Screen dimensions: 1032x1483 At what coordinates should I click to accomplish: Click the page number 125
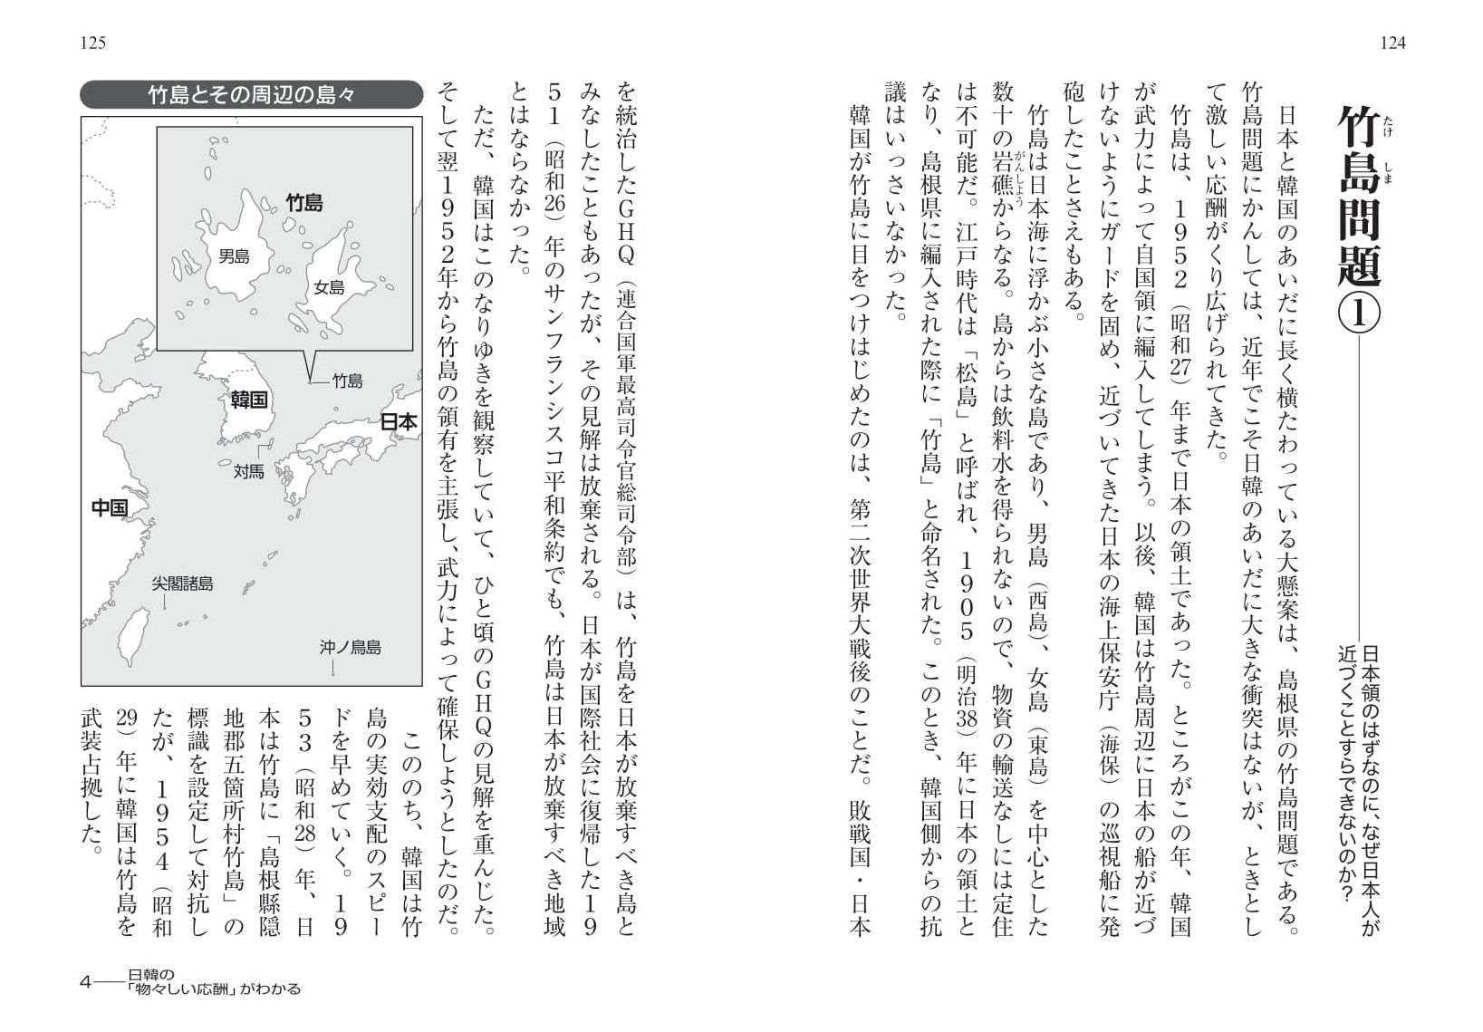[93, 43]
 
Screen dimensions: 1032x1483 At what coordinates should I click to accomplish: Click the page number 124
[1392, 43]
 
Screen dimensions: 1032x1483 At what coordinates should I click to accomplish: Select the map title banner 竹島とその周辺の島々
[251, 95]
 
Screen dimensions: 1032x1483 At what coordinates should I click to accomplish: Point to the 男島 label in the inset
[234, 256]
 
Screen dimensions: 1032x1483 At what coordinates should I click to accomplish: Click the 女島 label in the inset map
[329, 287]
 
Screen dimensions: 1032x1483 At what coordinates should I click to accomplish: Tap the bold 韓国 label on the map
[248, 400]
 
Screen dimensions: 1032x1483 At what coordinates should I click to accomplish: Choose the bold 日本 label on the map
[398, 421]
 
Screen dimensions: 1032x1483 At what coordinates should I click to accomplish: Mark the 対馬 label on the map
[248, 471]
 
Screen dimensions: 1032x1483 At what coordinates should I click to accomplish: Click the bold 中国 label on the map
[110, 507]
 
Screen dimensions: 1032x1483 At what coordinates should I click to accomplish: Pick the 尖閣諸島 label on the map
[182, 584]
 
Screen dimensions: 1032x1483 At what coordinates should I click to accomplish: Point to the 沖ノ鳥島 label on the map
[350, 647]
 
